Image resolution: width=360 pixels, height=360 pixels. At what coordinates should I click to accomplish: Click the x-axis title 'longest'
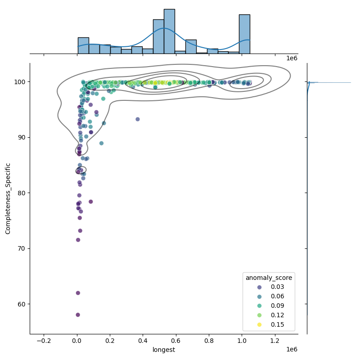pyautogui.click(x=164, y=350)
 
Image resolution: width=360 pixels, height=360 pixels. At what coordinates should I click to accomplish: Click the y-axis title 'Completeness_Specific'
pyautogui.click(x=8, y=198)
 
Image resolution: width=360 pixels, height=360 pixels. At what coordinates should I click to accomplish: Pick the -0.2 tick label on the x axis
pyautogui.click(x=44, y=341)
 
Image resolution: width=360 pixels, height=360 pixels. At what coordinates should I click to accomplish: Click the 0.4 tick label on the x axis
pyautogui.click(x=143, y=341)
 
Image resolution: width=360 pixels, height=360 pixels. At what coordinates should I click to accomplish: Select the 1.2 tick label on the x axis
pyautogui.click(x=275, y=341)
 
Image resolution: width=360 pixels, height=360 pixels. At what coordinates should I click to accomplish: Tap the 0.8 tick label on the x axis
pyautogui.click(x=209, y=341)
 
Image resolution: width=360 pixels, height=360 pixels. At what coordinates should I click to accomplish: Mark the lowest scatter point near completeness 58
pyautogui.click(x=78, y=315)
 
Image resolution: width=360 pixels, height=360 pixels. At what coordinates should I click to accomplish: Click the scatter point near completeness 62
pyautogui.click(x=78, y=293)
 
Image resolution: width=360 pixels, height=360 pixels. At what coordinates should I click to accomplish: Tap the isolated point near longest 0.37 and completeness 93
pyautogui.click(x=138, y=119)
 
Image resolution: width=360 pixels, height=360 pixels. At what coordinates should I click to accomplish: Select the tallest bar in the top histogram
pyautogui.click(x=169, y=31)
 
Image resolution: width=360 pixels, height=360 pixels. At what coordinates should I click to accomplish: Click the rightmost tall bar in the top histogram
pyautogui.click(x=244, y=34)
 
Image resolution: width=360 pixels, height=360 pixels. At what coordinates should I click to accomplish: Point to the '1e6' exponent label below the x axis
pyautogui.click(x=292, y=350)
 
